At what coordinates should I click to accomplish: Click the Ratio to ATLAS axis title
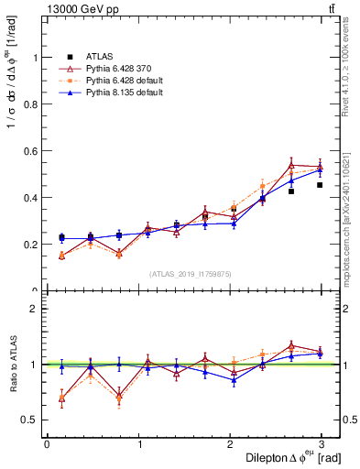[12, 365]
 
